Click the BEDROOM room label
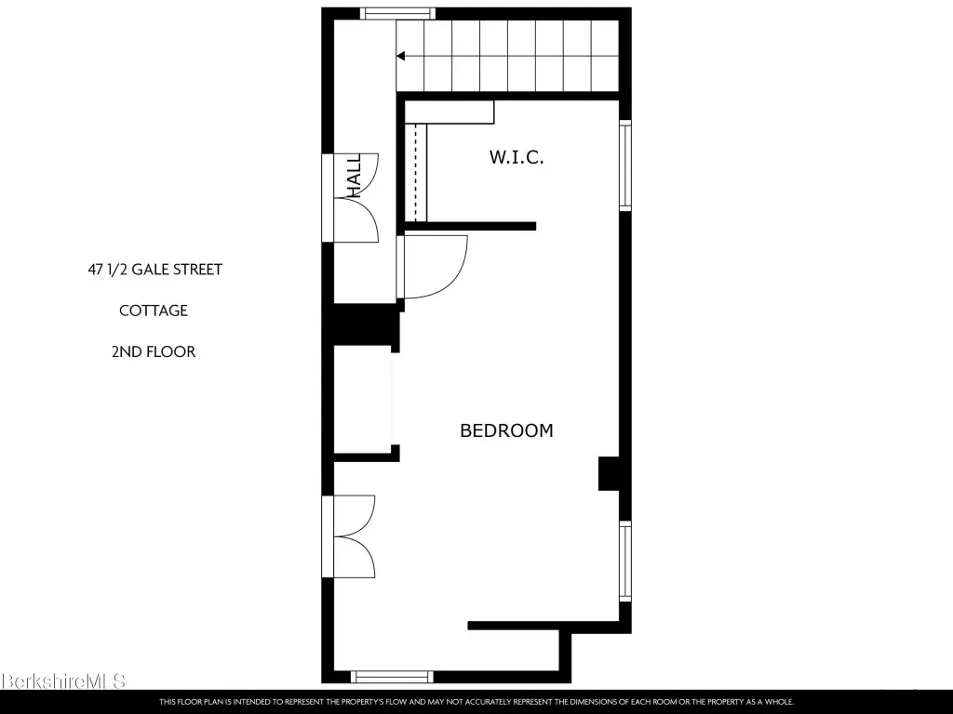pyautogui.click(x=506, y=430)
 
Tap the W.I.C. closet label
pyautogui.click(x=517, y=157)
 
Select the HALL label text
pyautogui.click(x=354, y=175)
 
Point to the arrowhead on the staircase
pyautogui.click(x=400, y=56)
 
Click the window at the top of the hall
pyautogui.click(x=397, y=13)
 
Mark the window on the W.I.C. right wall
pyautogui.click(x=625, y=165)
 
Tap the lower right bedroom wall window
pyautogui.click(x=625, y=561)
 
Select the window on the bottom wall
pyautogui.click(x=392, y=677)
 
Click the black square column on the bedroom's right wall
pyautogui.click(x=609, y=473)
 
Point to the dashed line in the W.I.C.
pyautogui.click(x=416, y=172)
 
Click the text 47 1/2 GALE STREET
pyautogui.click(x=155, y=270)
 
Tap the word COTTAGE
pyautogui.click(x=154, y=311)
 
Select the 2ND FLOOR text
pyautogui.click(x=154, y=352)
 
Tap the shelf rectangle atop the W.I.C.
pyautogui.click(x=450, y=112)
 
